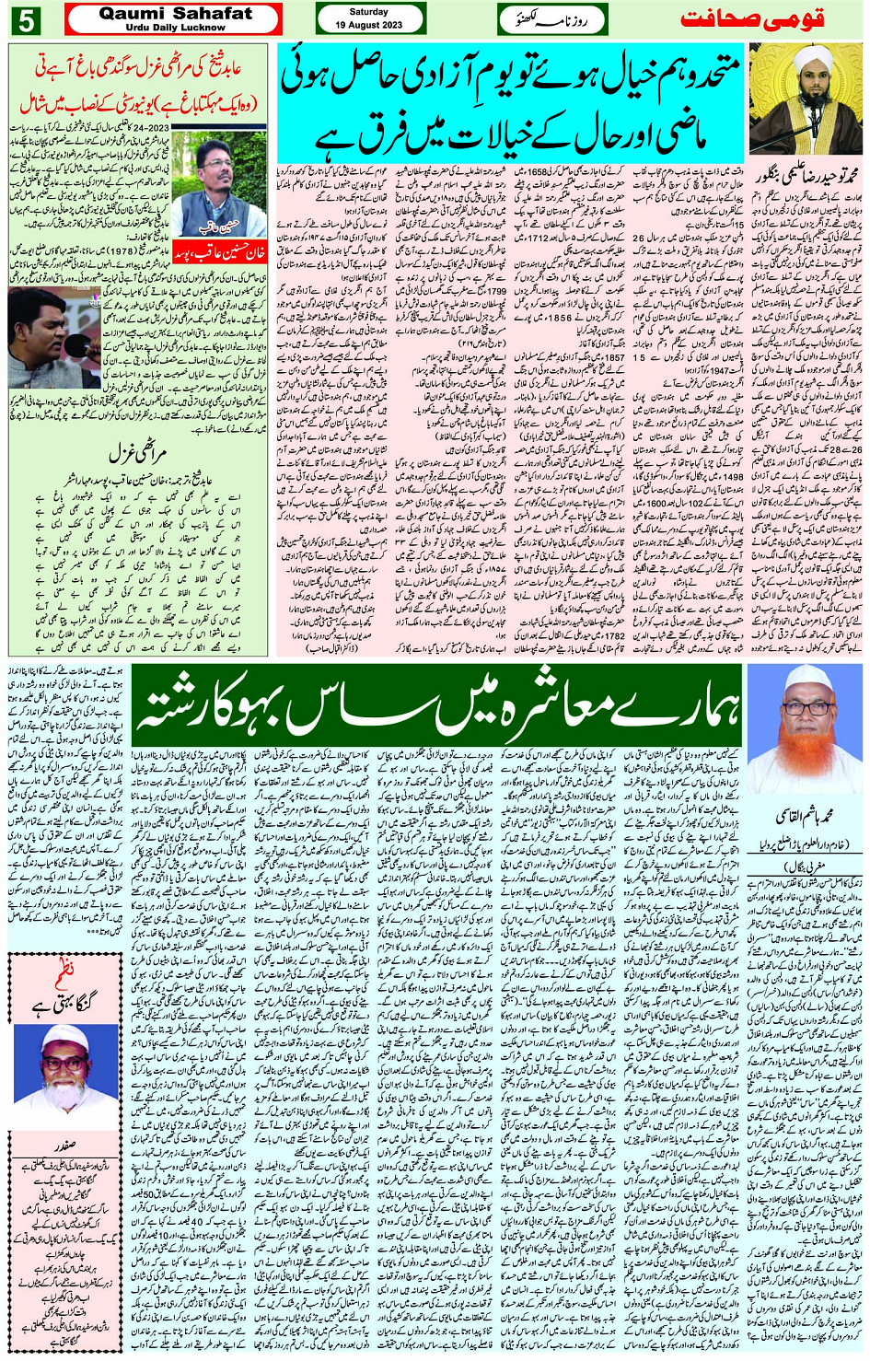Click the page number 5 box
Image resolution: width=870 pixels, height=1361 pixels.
(x=25, y=19)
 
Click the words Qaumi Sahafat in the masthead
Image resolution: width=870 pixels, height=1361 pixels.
(x=174, y=14)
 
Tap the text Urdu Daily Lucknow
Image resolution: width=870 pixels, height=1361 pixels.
(x=174, y=28)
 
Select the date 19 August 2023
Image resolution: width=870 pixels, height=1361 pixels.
(x=369, y=25)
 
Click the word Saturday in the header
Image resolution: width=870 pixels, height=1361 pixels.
(x=369, y=12)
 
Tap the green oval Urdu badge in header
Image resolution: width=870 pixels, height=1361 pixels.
(x=546, y=18)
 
